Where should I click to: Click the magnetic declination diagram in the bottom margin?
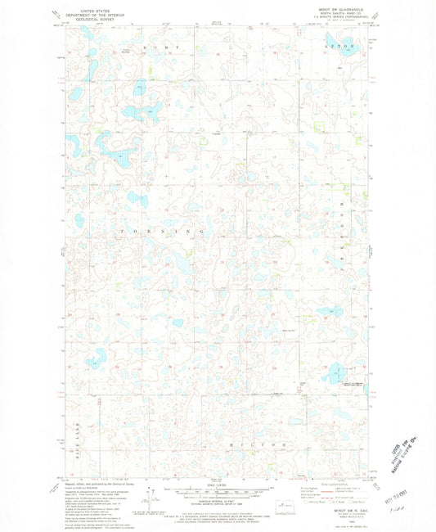click(x=148, y=497)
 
